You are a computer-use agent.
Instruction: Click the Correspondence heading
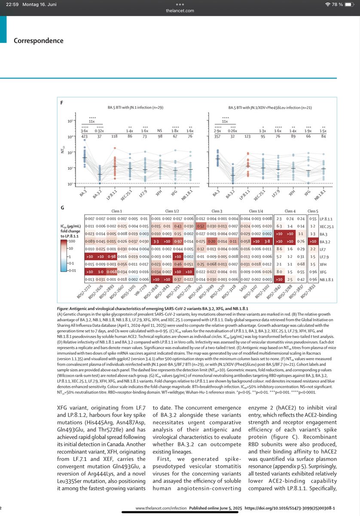(38, 41)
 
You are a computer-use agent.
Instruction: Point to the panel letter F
(62, 103)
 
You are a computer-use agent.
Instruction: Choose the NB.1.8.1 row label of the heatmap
(328, 279)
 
